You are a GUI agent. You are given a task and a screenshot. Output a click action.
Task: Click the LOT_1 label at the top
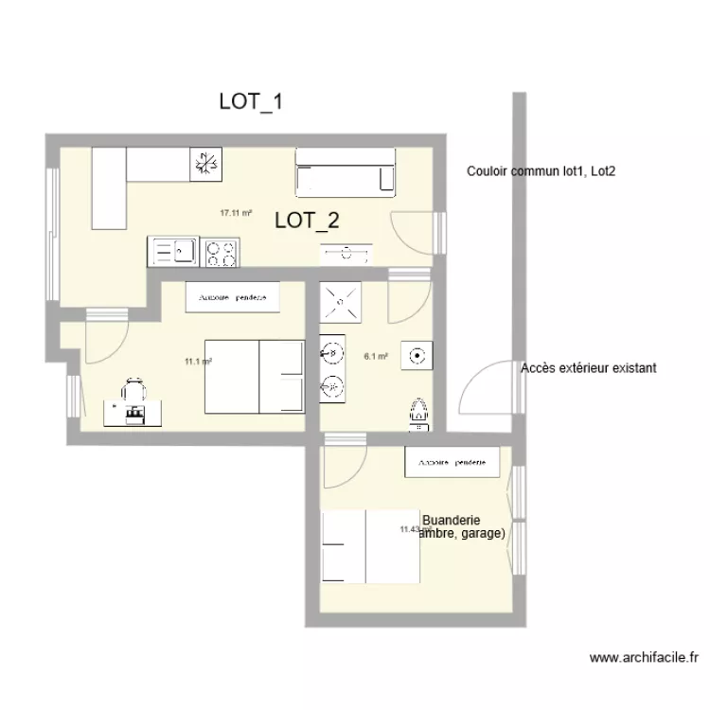[x=251, y=102]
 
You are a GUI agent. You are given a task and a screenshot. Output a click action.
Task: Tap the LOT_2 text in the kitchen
[x=307, y=222]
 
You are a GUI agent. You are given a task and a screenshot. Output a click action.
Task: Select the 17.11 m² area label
[x=236, y=214]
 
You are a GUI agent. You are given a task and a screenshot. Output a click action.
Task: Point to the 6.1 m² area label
[x=376, y=357]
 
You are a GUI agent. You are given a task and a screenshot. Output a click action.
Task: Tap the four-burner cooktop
[x=222, y=252]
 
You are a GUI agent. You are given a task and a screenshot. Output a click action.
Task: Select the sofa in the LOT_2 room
[x=345, y=172]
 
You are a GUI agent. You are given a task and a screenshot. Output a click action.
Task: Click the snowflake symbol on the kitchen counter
[x=204, y=164]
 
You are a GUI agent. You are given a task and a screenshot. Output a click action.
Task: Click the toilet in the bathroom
[x=418, y=412]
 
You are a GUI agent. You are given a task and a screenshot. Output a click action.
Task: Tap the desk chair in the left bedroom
[x=134, y=388]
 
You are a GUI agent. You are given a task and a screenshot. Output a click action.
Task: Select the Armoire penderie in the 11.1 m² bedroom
[x=233, y=297]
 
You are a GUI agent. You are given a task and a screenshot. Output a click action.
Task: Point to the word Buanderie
[x=452, y=521]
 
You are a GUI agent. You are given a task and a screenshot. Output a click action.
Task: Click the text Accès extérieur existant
[x=588, y=368]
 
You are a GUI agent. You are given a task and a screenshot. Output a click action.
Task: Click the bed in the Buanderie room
[x=370, y=547]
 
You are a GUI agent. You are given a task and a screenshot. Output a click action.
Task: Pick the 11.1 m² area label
[x=198, y=361]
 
